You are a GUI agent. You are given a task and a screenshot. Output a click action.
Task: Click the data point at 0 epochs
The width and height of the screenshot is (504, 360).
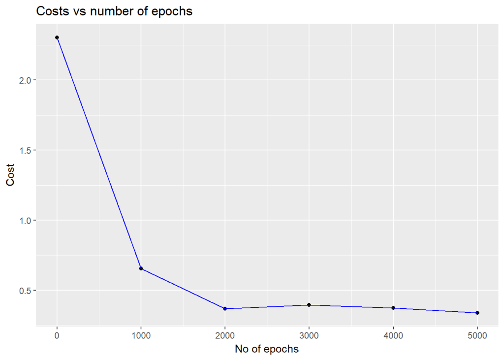pyautogui.click(x=57, y=37)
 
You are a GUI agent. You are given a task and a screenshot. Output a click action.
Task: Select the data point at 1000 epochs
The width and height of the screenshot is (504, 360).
pyautogui.click(x=141, y=268)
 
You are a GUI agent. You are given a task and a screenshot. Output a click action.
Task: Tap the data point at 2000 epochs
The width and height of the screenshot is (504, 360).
pyautogui.click(x=225, y=309)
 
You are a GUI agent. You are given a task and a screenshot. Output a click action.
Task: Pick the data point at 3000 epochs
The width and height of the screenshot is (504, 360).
pyautogui.click(x=309, y=305)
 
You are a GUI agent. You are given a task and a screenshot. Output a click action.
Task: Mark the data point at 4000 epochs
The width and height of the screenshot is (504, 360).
pyautogui.click(x=393, y=308)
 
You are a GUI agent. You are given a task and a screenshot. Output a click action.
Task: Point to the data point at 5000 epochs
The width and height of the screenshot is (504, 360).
pyautogui.click(x=477, y=313)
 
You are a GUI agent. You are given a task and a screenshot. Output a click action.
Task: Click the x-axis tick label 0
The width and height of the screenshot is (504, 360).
pyautogui.click(x=57, y=335)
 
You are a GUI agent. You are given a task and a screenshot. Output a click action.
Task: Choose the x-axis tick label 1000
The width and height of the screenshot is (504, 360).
pyautogui.click(x=141, y=335)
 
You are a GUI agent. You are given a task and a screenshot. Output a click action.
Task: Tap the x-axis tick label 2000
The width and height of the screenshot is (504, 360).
pyautogui.click(x=225, y=335)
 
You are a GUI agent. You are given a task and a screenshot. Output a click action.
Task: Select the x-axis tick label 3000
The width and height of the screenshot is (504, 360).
pyautogui.click(x=309, y=335)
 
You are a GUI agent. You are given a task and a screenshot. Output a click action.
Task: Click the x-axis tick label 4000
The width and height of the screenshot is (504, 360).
pyautogui.click(x=393, y=335)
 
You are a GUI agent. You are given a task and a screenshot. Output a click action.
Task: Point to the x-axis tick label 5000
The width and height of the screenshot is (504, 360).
pyautogui.click(x=477, y=335)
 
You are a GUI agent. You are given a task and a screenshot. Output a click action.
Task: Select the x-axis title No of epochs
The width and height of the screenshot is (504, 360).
pyautogui.click(x=267, y=349)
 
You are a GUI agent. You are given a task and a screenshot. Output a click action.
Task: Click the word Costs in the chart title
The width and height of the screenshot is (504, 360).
pyautogui.click(x=50, y=11)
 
